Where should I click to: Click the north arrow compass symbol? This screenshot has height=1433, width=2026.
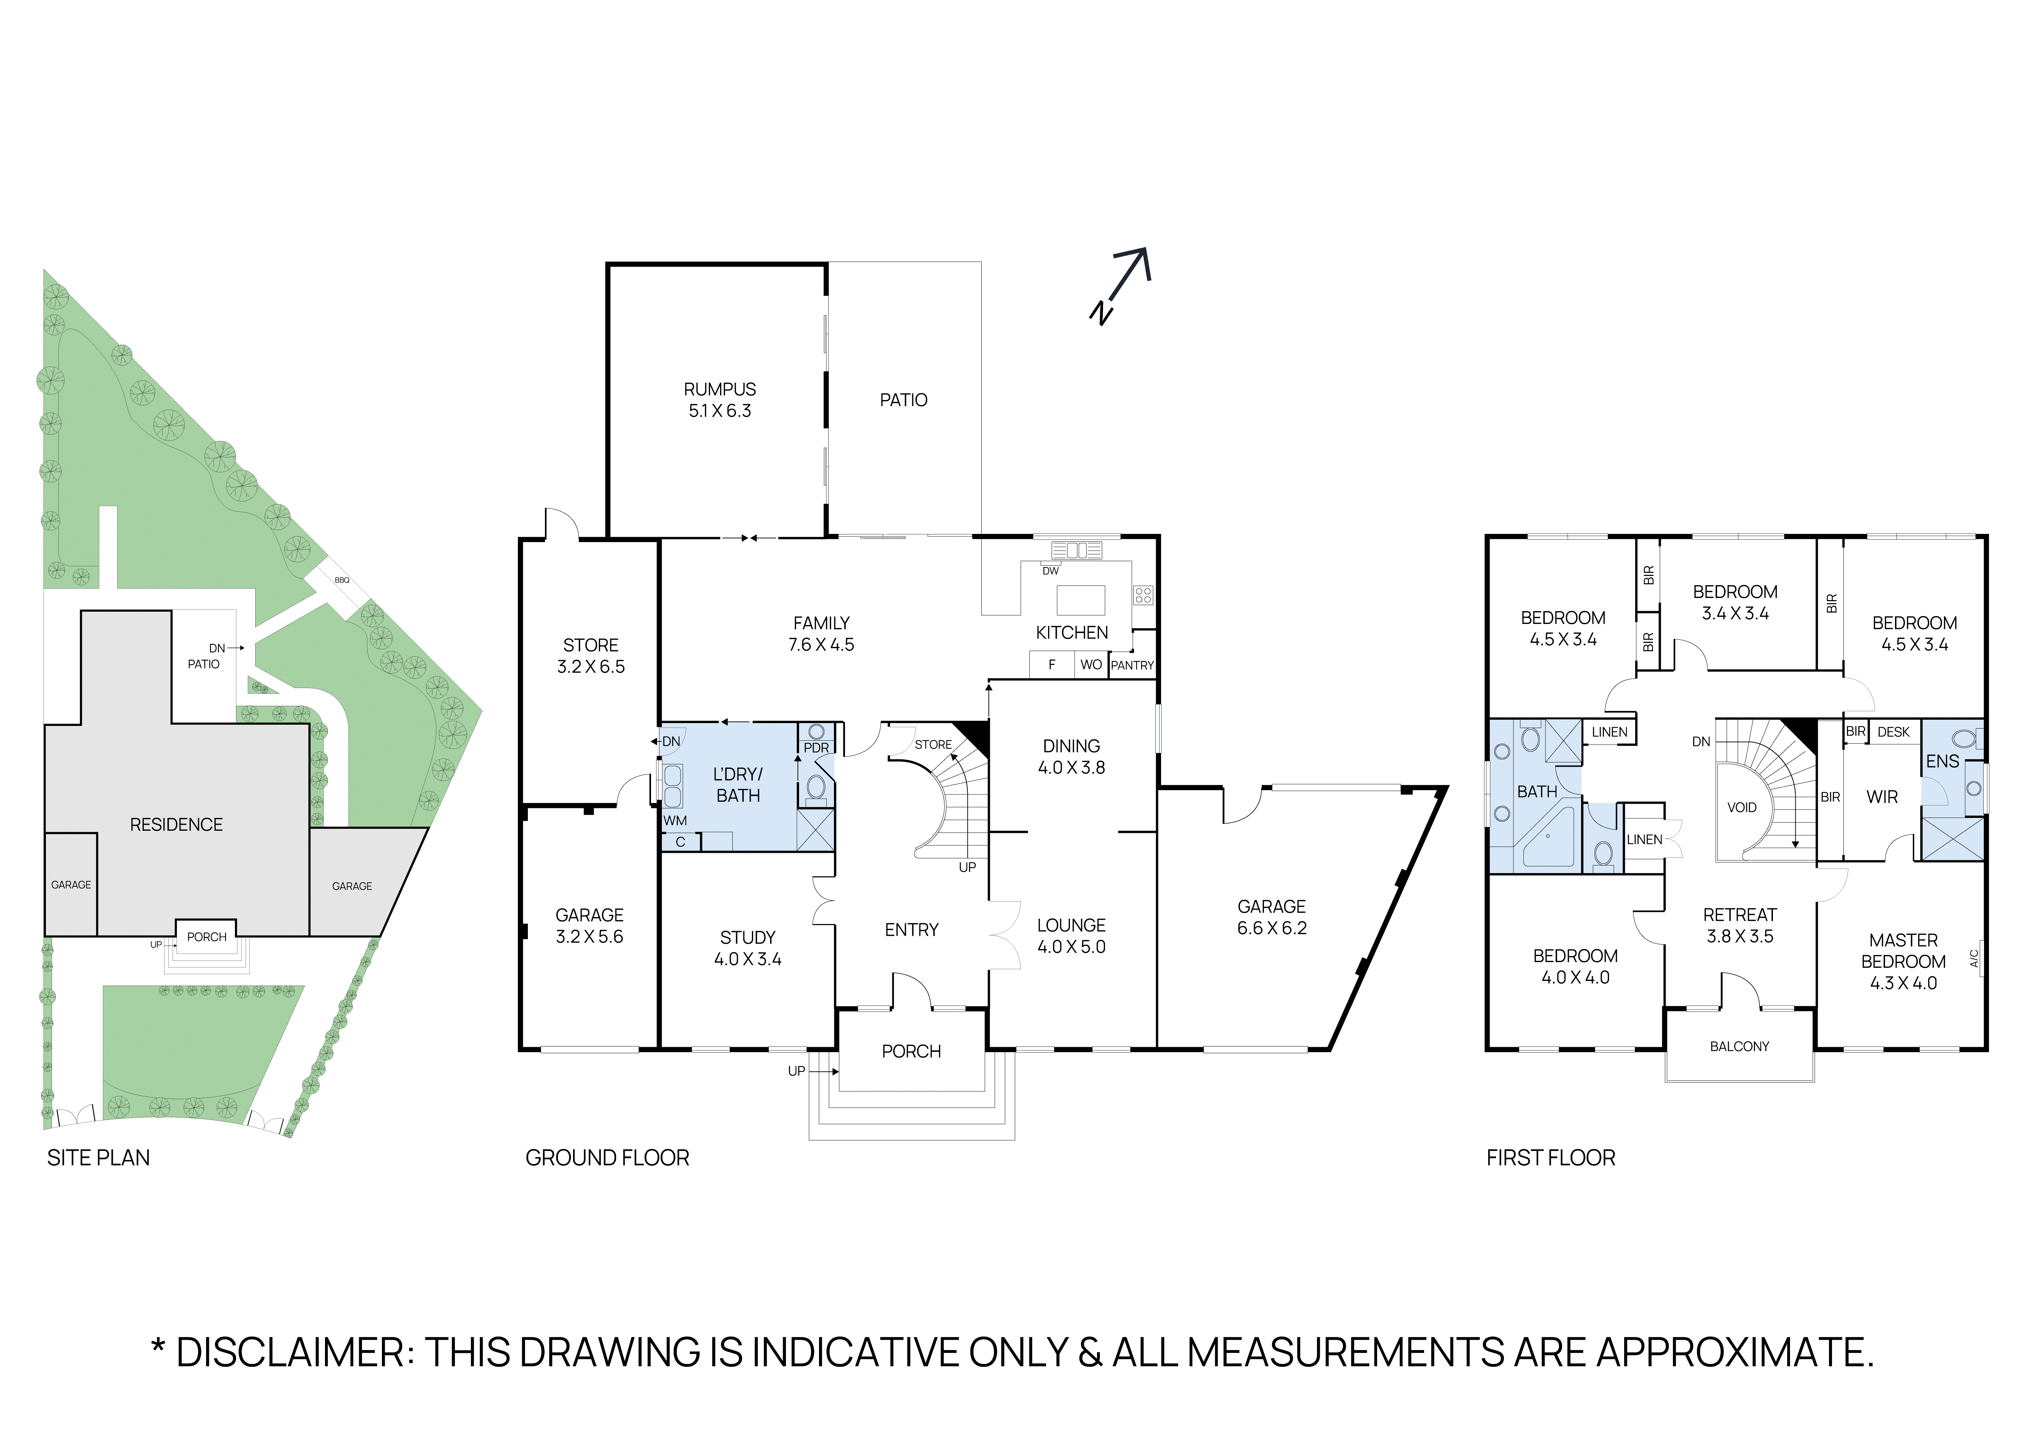(1122, 284)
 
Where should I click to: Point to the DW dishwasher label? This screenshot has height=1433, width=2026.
(1050, 571)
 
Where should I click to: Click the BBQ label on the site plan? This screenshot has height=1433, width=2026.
(341, 580)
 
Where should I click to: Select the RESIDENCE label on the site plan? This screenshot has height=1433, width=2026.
(177, 824)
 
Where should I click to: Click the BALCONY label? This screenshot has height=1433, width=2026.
(1739, 1046)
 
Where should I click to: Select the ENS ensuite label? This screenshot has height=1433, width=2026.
(1942, 761)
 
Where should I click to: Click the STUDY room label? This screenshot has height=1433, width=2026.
(747, 937)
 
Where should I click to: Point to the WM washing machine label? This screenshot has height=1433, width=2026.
(675, 821)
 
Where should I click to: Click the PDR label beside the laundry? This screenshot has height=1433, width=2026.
(816, 747)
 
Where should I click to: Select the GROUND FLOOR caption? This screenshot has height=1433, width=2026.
(607, 1158)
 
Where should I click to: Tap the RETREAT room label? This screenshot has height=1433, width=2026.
(1739, 915)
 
